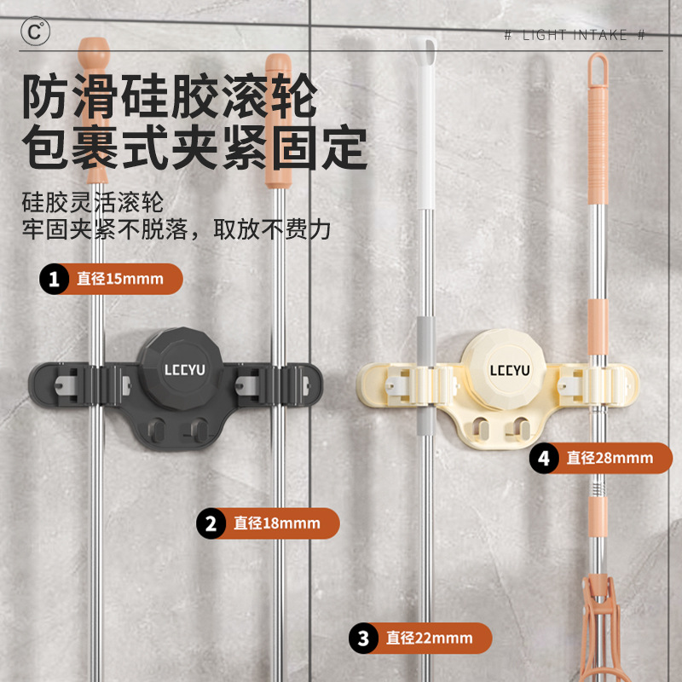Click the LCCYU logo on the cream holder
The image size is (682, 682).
point(509,369)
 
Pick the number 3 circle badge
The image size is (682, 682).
point(364,638)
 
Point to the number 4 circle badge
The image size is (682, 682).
point(544,458)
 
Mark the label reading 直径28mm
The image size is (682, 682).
point(609,458)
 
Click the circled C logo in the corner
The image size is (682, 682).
point(35,32)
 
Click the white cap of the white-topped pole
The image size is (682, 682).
point(424,56)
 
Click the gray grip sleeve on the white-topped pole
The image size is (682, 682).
point(425,341)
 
